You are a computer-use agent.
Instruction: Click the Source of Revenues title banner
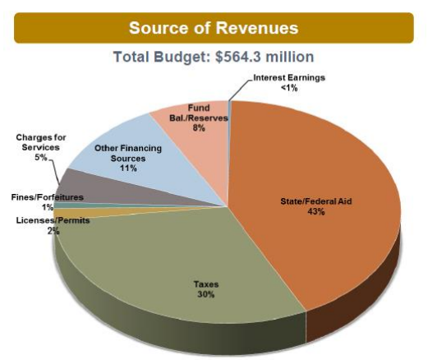pos(213,27)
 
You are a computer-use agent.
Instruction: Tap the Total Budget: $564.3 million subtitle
pos(213,58)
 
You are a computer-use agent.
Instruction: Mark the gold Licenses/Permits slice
pos(70,213)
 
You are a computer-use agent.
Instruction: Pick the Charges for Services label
pos(41,141)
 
